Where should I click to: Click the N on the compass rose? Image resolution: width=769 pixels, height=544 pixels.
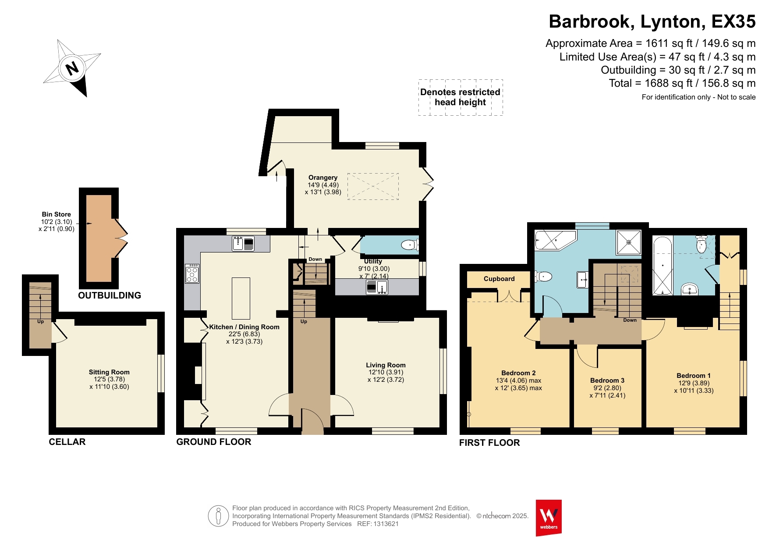click(72, 68)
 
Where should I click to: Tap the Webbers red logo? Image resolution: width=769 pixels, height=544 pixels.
click(549, 518)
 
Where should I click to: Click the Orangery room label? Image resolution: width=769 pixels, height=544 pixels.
click(323, 178)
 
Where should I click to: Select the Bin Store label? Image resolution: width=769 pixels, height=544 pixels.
click(57, 214)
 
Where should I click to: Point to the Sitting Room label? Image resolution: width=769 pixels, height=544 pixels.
click(109, 372)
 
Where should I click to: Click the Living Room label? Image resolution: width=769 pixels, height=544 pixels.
click(386, 365)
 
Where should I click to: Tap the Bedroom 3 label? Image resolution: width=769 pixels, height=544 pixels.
click(607, 380)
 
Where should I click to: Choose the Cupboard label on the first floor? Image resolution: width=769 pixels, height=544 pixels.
click(499, 279)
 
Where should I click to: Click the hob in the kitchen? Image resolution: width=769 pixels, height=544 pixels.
click(192, 274)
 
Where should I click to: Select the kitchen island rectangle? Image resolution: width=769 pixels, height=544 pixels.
click(241, 298)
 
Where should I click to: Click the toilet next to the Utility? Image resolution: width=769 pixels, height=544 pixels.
click(410, 245)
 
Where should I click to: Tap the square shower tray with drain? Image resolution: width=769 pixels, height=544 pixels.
click(629, 242)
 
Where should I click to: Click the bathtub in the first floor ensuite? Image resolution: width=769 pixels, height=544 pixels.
click(663, 266)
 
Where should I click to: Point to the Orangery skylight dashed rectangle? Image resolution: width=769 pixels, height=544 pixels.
click(373, 186)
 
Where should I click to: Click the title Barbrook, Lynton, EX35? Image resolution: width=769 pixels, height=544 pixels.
click(652, 21)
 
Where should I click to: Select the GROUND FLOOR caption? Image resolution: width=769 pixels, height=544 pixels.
click(214, 442)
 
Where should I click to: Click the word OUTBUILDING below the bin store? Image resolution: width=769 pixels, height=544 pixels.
click(110, 295)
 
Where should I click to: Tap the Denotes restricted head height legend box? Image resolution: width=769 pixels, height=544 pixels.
click(461, 97)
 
